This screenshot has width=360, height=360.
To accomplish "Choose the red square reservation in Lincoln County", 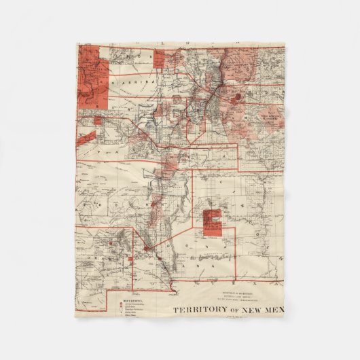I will pos(212,223).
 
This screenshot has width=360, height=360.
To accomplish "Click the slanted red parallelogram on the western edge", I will pos(86,137).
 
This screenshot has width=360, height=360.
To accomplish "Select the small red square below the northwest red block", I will pos(98,120).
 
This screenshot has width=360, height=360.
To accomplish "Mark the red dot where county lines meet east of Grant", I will pos(145,249).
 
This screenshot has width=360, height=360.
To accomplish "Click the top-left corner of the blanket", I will pos(75,43).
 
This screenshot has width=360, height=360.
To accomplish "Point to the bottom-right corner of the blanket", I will pos(285,318).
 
